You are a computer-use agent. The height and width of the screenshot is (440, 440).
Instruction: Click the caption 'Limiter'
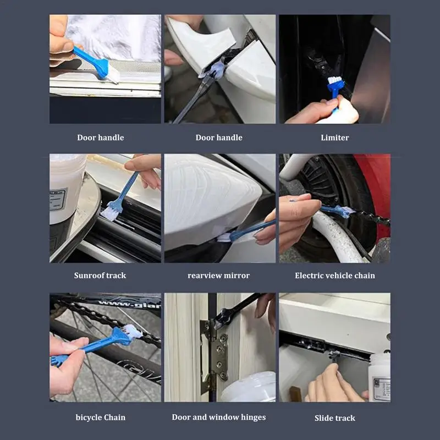(335, 137)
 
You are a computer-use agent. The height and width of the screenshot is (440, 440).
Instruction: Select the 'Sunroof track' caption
(100, 276)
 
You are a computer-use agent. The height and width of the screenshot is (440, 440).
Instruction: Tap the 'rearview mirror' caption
(218, 276)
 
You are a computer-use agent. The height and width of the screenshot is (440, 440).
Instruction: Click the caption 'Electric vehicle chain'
(335, 276)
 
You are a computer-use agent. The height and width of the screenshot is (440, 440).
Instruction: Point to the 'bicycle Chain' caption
(101, 417)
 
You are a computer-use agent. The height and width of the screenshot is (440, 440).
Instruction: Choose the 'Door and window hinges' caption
(219, 417)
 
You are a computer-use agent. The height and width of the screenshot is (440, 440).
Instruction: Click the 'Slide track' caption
(335, 418)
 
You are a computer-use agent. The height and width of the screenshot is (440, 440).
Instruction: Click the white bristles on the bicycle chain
(133, 331)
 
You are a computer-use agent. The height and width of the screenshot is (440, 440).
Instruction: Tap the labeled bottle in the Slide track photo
(379, 377)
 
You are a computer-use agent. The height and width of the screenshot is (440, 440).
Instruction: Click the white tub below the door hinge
(249, 387)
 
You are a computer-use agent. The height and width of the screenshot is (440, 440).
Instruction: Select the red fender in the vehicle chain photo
(376, 191)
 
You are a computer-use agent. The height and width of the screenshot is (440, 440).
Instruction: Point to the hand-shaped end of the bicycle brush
(59, 360)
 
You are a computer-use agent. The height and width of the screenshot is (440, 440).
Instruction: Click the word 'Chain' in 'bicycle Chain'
(113, 417)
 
